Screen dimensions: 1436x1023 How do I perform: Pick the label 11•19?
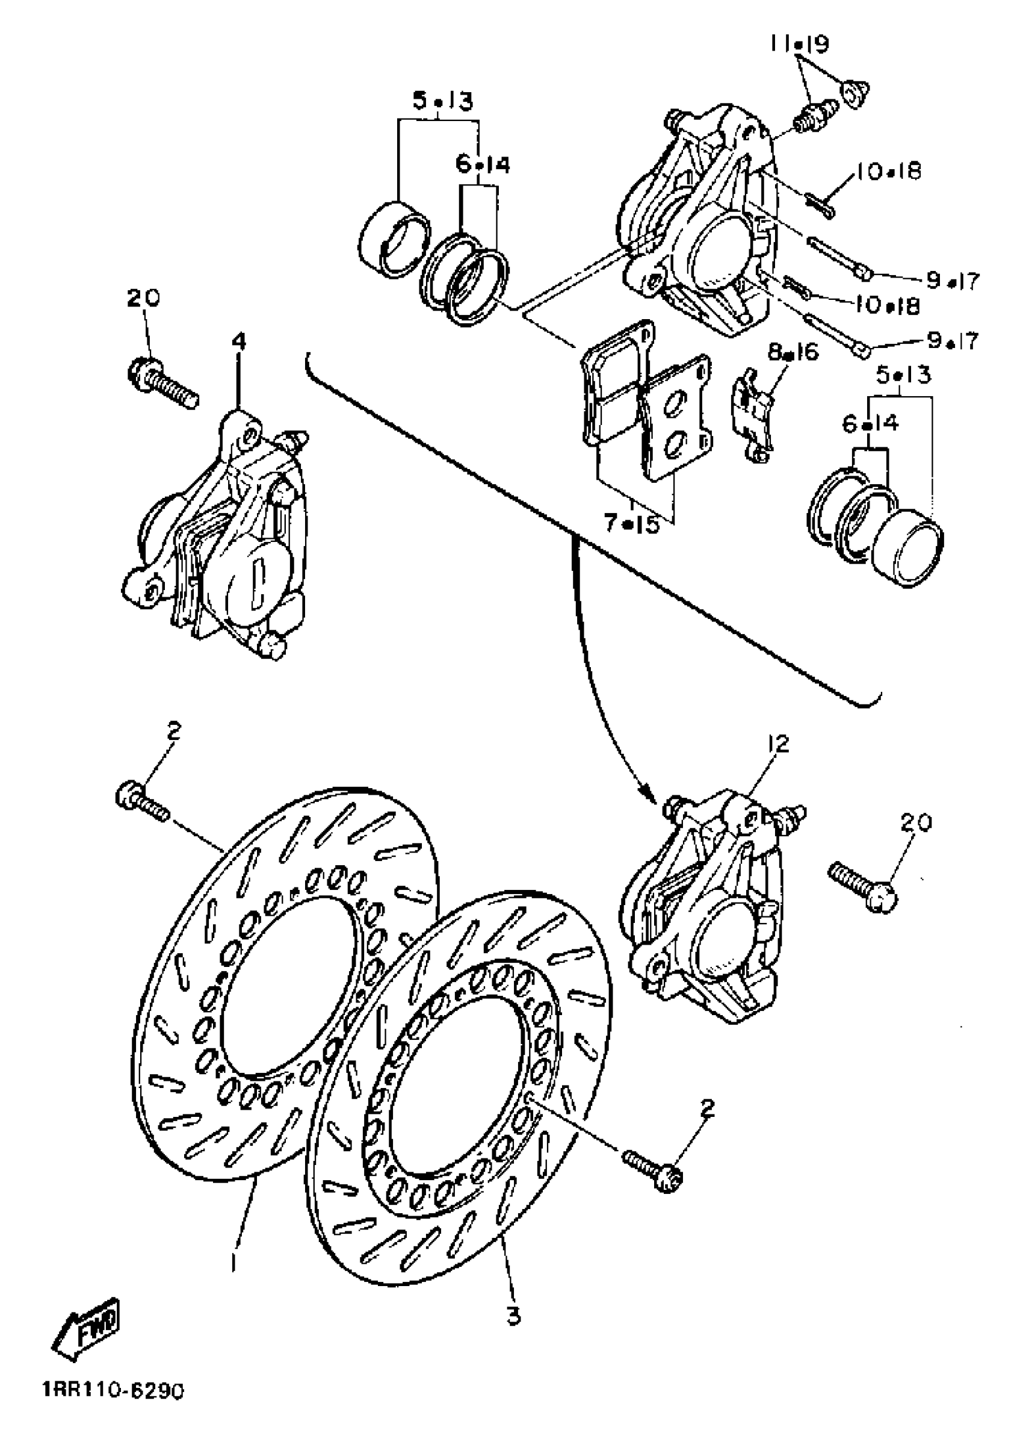[x=798, y=45]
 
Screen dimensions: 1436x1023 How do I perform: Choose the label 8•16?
[x=793, y=353]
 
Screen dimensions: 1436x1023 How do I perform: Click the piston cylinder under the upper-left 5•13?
[x=395, y=241]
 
